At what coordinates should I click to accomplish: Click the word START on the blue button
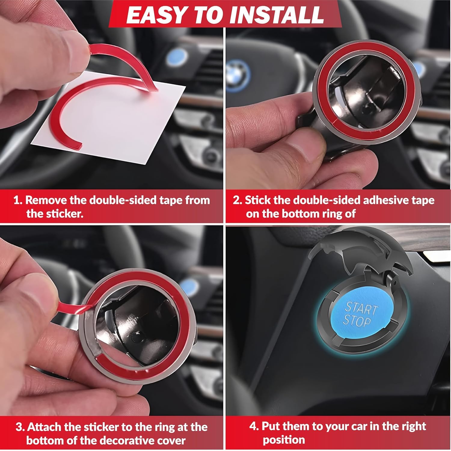click(x=361, y=308)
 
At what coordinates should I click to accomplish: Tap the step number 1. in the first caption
click(x=18, y=200)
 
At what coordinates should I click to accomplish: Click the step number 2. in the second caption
click(x=237, y=200)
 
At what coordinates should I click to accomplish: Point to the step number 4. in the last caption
click(x=254, y=426)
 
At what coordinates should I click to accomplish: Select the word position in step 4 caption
click(x=284, y=440)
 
